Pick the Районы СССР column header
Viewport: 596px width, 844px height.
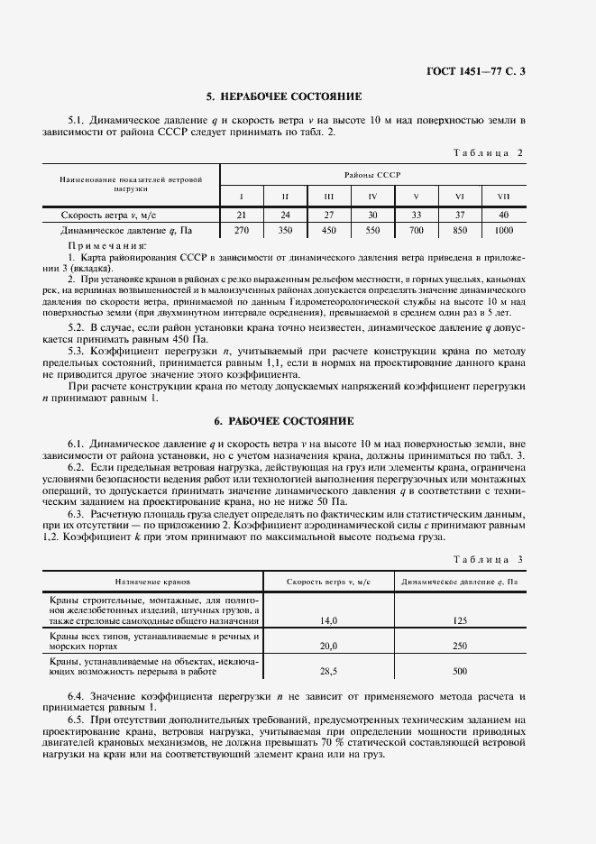tap(371, 173)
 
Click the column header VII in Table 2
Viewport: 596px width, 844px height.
tap(502, 196)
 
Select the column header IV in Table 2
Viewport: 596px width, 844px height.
tap(372, 196)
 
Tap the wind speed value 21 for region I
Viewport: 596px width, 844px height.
tap(241, 215)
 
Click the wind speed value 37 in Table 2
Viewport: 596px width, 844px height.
tap(459, 215)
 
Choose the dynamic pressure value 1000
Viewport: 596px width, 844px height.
tap(502, 231)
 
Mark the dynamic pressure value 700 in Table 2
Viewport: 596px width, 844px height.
tap(416, 231)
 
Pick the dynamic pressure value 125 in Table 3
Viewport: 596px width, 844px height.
tap(460, 620)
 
